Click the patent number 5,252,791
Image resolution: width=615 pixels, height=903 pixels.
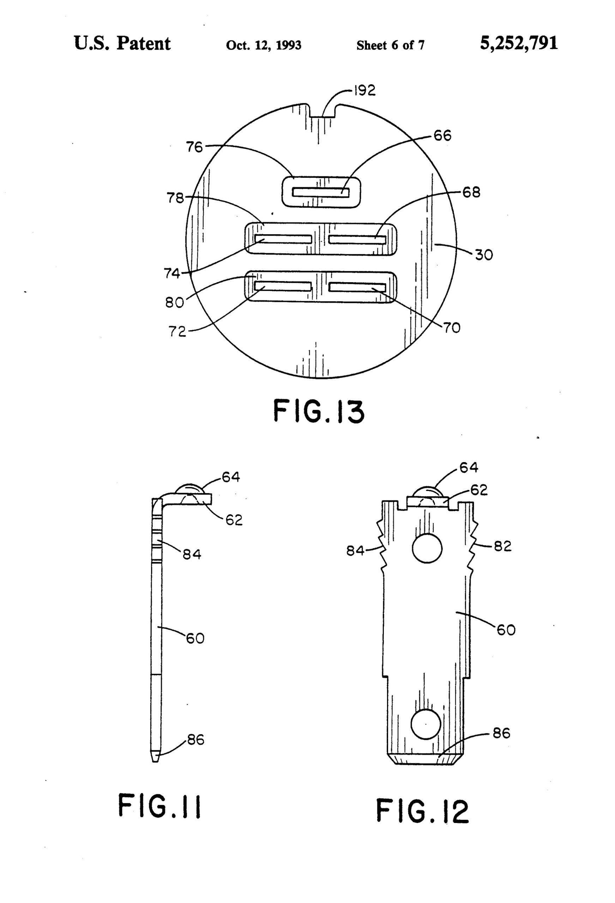[519, 43]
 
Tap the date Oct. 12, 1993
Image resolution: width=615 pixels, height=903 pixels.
[263, 46]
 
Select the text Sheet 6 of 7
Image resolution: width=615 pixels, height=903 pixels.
[390, 46]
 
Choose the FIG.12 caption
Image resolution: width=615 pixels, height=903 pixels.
[422, 811]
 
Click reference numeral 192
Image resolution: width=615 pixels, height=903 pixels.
[364, 91]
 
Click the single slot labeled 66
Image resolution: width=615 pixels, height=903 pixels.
[321, 192]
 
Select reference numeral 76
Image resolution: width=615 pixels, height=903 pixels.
[194, 147]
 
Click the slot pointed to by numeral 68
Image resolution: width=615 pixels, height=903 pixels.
[357, 240]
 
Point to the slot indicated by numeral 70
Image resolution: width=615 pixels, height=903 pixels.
[357, 287]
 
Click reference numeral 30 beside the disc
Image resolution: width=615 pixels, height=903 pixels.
[484, 255]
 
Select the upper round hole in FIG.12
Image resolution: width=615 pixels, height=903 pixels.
[427, 549]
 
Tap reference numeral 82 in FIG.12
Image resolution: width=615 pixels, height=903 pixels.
[502, 547]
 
